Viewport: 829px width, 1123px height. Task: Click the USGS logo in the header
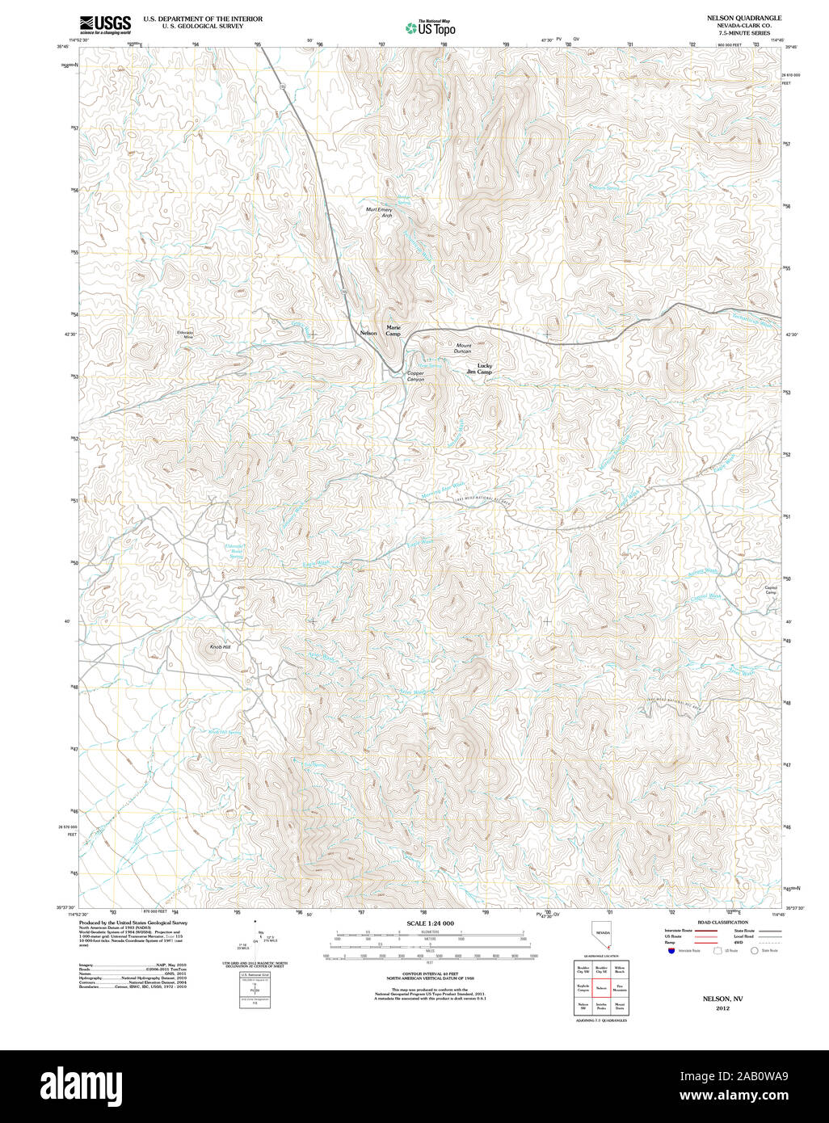pyautogui.click(x=105, y=25)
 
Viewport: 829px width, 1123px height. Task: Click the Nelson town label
pyautogui.click(x=368, y=334)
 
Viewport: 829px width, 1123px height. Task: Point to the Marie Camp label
pyautogui.click(x=393, y=330)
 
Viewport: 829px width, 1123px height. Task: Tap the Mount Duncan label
pyautogui.click(x=463, y=348)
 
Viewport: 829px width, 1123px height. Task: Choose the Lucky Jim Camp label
pyautogui.click(x=480, y=368)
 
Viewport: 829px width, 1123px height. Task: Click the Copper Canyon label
pyautogui.click(x=415, y=376)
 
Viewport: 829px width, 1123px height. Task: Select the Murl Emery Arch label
pyautogui.click(x=380, y=212)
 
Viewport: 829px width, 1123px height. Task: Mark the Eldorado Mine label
pyautogui.click(x=185, y=334)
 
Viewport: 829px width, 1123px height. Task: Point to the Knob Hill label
pyautogui.click(x=221, y=647)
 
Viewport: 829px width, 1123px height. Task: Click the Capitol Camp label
pyautogui.click(x=770, y=590)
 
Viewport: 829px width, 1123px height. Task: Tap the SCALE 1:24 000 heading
pyautogui.click(x=430, y=923)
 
